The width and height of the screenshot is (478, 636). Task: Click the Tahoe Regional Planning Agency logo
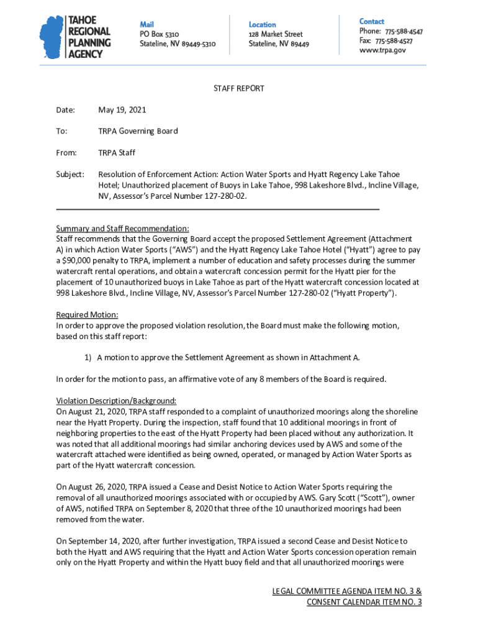click(75, 37)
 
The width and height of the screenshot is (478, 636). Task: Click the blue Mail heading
click(147, 24)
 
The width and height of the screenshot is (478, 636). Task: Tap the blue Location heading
click(262, 24)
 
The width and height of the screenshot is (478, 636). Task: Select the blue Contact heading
click(371, 21)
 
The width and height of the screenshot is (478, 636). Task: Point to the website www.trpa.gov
click(382, 50)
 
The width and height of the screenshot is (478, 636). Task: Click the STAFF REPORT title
click(238, 88)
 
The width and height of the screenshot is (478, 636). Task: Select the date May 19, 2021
click(122, 110)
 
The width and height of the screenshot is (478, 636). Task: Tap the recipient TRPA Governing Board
click(138, 131)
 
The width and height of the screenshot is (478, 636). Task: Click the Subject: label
click(70, 175)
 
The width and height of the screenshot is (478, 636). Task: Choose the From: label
click(66, 152)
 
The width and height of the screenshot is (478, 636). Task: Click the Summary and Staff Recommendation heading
click(122, 229)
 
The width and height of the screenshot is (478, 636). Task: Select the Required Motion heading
click(87, 314)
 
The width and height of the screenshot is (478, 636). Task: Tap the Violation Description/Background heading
click(116, 401)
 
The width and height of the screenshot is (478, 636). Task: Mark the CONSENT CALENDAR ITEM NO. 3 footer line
click(364, 602)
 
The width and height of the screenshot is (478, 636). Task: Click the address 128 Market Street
click(276, 34)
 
